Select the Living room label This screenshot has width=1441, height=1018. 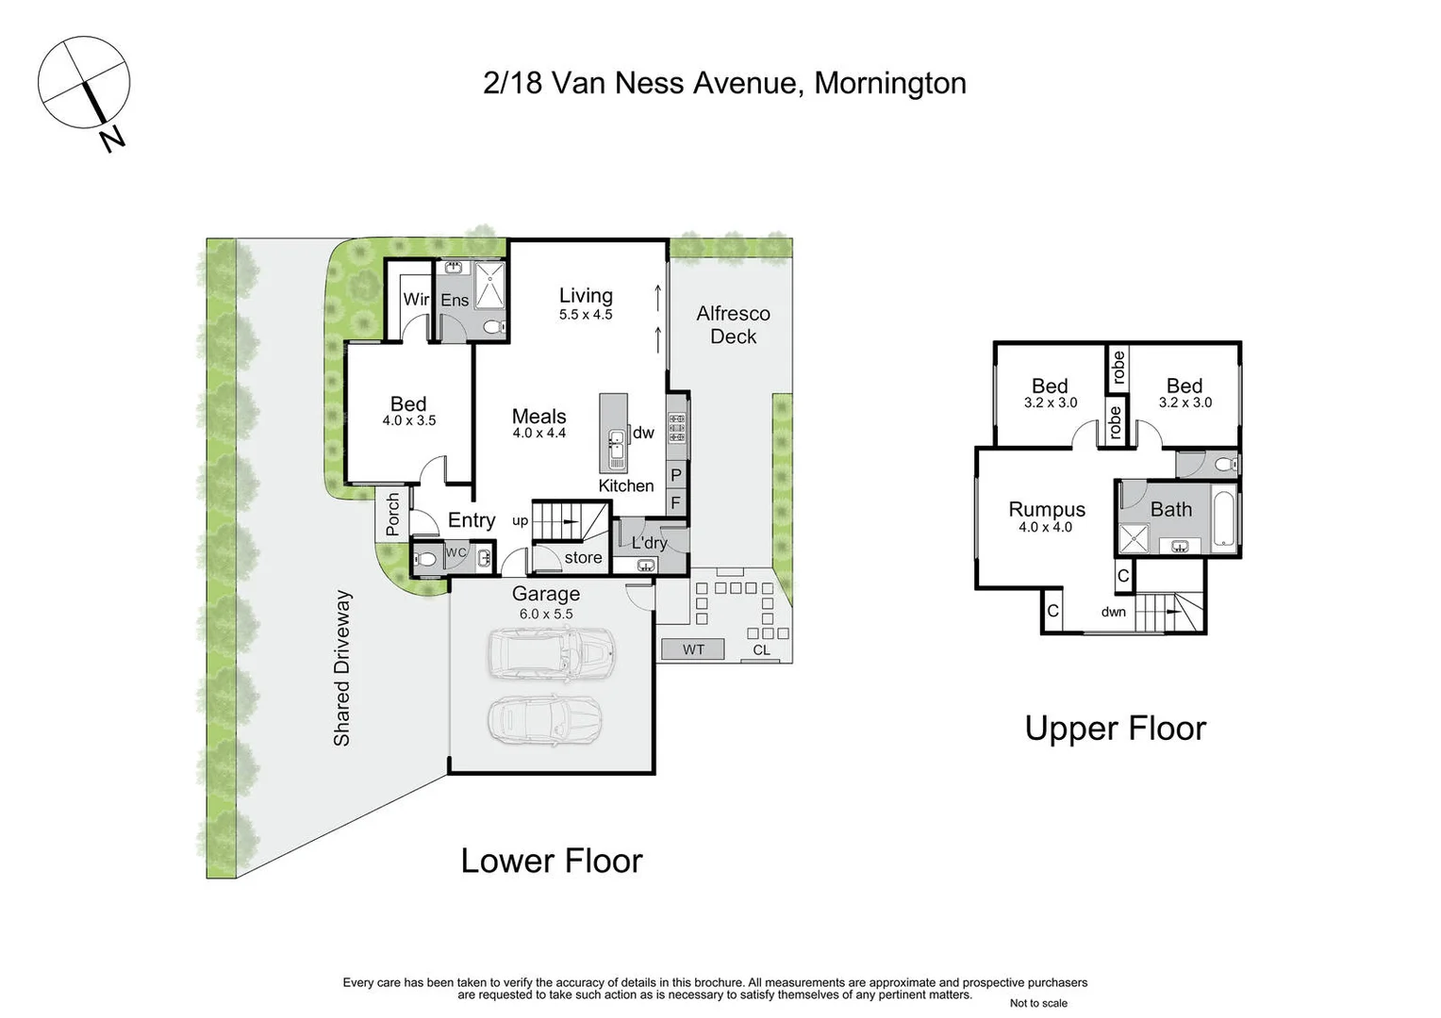[x=586, y=295]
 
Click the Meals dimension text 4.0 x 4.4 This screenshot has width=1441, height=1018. [x=538, y=434]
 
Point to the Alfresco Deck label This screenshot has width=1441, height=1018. [x=733, y=325]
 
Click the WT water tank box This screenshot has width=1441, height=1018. [x=693, y=649]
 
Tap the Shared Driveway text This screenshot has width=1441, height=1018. [x=341, y=668]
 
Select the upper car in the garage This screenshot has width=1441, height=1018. [x=552, y=653]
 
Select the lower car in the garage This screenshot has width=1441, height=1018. [x=543, y=720]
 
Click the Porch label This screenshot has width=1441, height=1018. [x=393, y=515]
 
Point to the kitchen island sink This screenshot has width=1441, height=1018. [x=616, y=449]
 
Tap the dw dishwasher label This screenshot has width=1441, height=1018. [x=643, y=433]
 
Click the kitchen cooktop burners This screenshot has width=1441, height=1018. [x=676, y=427]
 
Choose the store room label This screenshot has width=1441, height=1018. [x=583, y=558]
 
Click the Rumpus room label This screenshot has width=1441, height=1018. [x=1047, y=509]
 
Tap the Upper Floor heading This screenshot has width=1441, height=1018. [x=1115, y=729]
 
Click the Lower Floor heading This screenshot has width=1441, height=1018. [x=551, y=861]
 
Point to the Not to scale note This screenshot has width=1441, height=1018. [x=1038, y=1003]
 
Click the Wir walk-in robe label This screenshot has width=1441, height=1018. [x=416, y=300]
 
